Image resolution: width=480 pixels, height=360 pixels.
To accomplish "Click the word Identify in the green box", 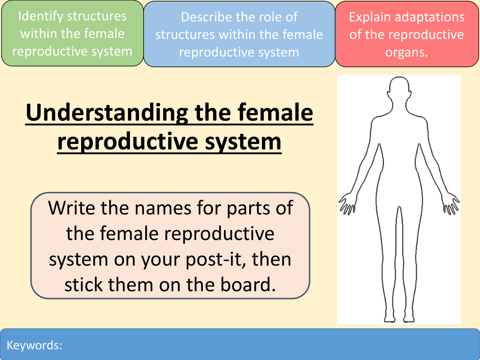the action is coord(41,17).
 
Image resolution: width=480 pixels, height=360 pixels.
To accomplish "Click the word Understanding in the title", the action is coord(107,113).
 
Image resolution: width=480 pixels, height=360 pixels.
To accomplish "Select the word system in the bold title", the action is coord(243,142).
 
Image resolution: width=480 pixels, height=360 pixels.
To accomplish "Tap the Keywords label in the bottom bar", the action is coord(34,345).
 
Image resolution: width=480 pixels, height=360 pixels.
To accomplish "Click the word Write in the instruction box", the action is coord(72,208).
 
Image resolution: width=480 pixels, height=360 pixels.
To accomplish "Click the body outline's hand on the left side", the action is coord(347,203).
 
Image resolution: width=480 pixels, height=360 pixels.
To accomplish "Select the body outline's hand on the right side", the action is coord(451,203).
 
